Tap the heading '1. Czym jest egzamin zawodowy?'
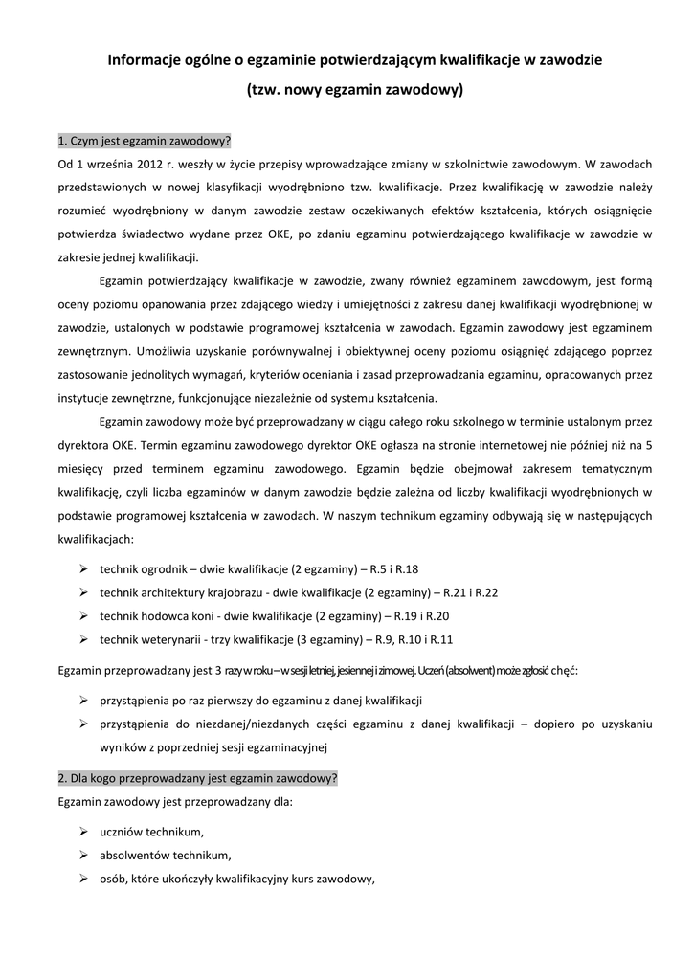point(145,141)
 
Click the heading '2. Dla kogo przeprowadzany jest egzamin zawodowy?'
point(198,778)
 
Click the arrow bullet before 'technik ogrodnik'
point(83,568)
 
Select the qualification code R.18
point(406,569)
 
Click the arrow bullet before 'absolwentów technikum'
point(83,856)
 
